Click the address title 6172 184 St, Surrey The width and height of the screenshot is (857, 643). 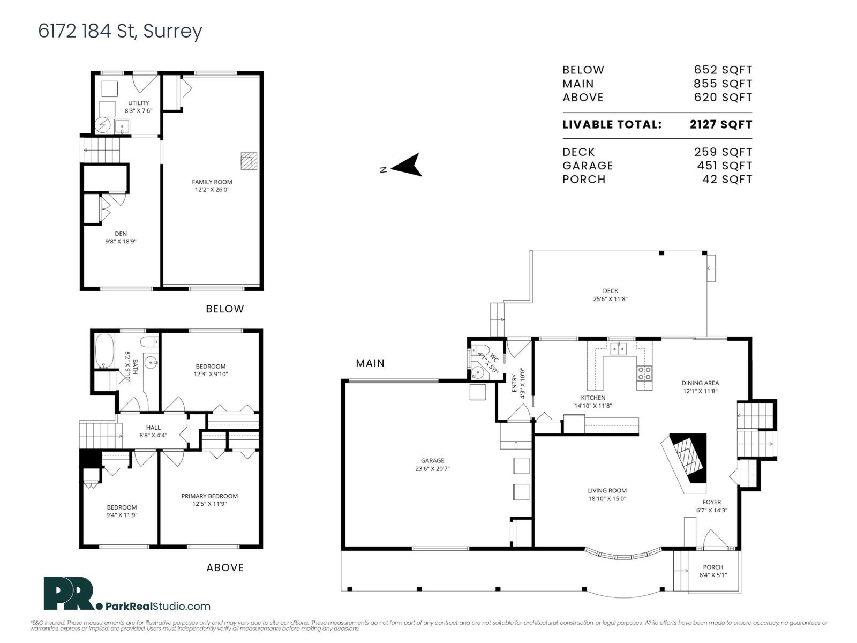pyautogui.click(x=120, y=31)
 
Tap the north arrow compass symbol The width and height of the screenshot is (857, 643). pyautogui.click(x=408, y=165)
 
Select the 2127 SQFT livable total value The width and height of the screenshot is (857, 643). pyautogui.click(x=720, y=125)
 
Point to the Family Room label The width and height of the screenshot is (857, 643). pyautogui.click(x=212, y=182)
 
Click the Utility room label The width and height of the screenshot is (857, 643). pyautogui.click(x=138, y=103)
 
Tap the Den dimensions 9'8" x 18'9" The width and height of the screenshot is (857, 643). pyautogui.click(x=121, y=241)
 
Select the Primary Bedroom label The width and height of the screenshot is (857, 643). pyautogui.click(x=209, y=496)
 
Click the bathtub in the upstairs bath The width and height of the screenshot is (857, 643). pyautogui.click(x=104, y=350)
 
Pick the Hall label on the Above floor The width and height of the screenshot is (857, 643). pyautogui.click(x=153, y=428)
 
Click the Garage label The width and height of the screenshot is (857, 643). pyautogui.click(x=432, y=460)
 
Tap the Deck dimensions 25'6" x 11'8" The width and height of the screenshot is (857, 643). pyautogui.click(x=610, y=299)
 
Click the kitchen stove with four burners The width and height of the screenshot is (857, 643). pyautogui.click(x=644, y=373)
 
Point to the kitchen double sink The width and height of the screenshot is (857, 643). pyautogui.click(x=619, y=349)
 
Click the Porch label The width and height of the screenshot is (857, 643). pyautogui.click(x=713, y=567)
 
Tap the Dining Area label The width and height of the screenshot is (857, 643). pyautogui.click(x=700, y=383)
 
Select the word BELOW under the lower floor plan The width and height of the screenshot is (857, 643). pyautogui.click(x=225, y=309)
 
